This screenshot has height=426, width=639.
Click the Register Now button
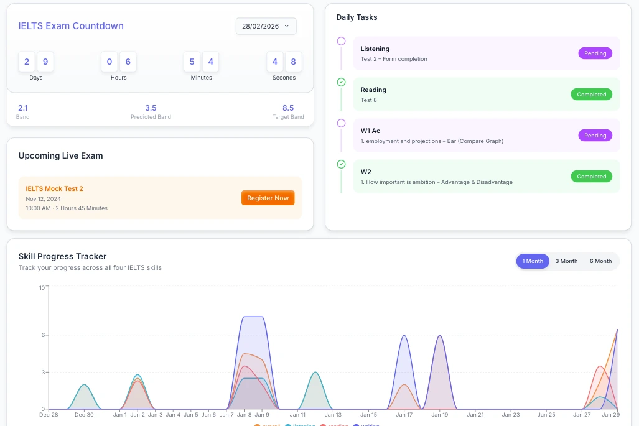pos(268,198)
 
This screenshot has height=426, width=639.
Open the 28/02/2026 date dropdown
pos(266,26)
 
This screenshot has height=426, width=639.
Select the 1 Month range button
pos(533,261)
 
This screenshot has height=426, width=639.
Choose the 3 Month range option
pos(566,261)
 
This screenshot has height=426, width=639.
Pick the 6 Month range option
pos(600,261)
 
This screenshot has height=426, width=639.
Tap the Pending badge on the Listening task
pos(595,53)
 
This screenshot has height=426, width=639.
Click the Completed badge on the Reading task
pos(591,95)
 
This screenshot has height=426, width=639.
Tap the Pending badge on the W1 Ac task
pos(595,136)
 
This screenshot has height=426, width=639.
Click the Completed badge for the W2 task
pos(591,177)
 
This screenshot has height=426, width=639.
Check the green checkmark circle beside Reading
pos(341,82)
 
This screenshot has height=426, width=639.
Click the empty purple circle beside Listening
pos(341,41)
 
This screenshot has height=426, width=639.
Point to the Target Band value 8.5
pos(288,108)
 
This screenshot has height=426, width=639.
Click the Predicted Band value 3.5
pos(151,108)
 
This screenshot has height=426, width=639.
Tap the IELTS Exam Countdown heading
pos(71,26)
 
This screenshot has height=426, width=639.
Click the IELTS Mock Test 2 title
pos(54,188)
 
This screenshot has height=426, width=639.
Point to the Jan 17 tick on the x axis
pos(404,414)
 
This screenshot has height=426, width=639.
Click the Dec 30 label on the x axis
pos(84,414)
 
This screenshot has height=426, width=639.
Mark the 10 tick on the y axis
pos(42,287)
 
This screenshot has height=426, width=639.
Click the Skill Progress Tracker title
pos(62,256)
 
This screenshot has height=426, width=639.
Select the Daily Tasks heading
pos(357,17)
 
